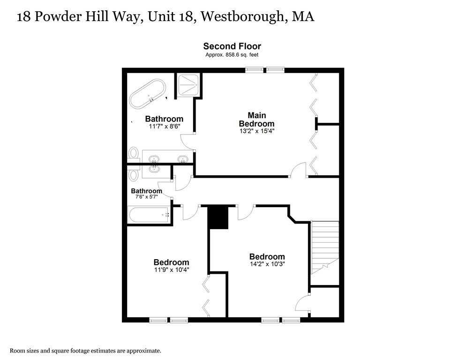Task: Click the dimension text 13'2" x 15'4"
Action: coord(256,131)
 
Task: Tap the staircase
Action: coord(324,246)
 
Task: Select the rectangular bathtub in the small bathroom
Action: coord(149,216)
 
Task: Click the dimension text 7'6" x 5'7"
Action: coord(146,197)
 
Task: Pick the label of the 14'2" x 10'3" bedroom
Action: coord(267,256)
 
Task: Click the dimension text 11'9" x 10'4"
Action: coord(171,270)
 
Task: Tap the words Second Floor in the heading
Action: coord(232,46)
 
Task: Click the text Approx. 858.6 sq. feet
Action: coord(232,55)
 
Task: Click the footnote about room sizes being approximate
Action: coord(86,350)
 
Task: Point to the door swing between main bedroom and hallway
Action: coord(299,171)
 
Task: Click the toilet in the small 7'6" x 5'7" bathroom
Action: coord(134,175)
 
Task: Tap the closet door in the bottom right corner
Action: coord(303,303)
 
